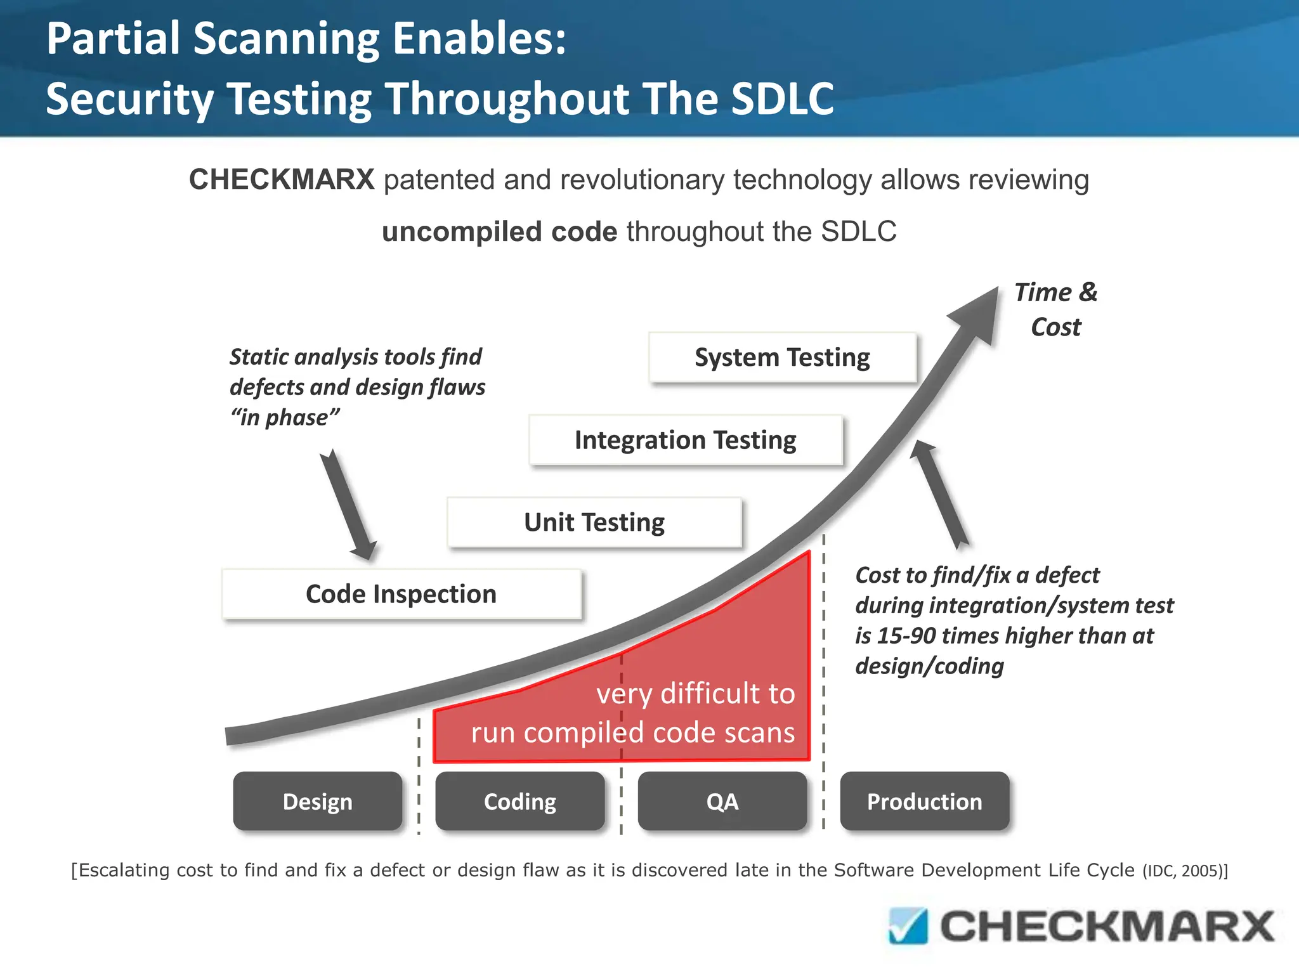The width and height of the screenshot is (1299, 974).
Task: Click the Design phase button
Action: pyautogui.click(x=317, y=802)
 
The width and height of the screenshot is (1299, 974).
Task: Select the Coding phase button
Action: pyautogui.click(x=519, y=802)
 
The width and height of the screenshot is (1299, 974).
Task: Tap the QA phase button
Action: pyautogui.click(x=722, y=802)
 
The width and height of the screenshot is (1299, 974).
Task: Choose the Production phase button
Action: pyautogui.click(x=924, y=802)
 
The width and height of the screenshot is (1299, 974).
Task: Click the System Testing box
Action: pyautogui.click(x=782, y=358)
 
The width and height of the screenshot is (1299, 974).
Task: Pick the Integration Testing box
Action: pyautogui.click(x=685, y=440)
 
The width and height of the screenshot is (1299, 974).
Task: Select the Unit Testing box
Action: pyautogui.click(x=594, y=523)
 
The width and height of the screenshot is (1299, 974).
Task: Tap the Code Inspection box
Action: pyautogui.click(x=401, y=594)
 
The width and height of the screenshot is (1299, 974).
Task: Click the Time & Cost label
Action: pyautogui.click(x=1055, y=309)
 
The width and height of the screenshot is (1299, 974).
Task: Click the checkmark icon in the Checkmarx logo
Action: pyautogui.click(x=908, y=926)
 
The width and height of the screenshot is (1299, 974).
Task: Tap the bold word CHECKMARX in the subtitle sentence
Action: pyautogui.click(x=282, y=179)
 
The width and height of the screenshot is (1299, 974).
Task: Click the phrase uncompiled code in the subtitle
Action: pyautogui.click(x=499, y=231)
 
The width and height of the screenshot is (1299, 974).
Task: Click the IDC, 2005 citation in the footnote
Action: pyautogui.click(x=1183, y=871)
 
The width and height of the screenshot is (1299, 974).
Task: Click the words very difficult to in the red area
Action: pyautogui.click(x=695, y=694)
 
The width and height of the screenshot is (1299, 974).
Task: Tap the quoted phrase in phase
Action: pyautogui.click(x=285, y=418)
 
